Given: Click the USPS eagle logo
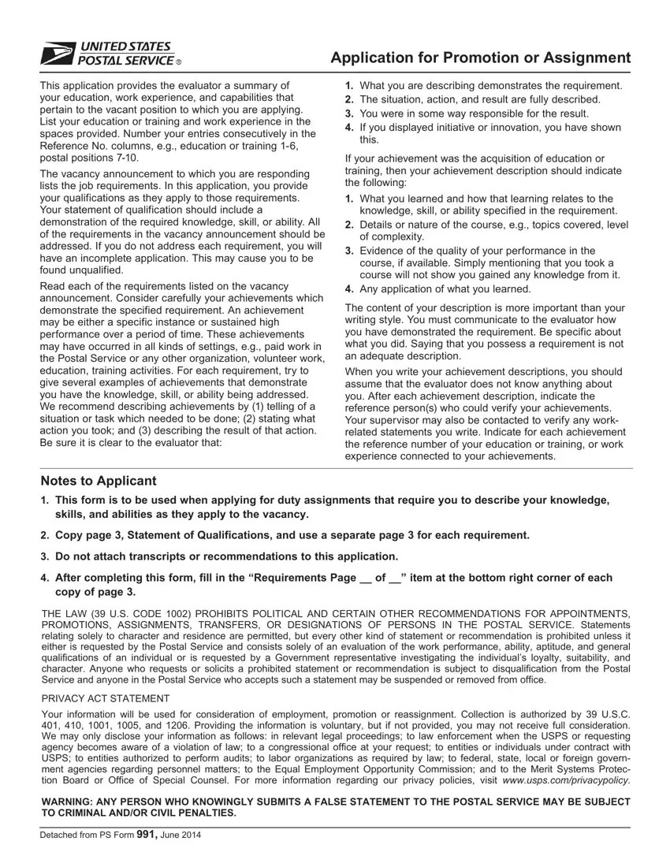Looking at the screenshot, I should coord(56,54).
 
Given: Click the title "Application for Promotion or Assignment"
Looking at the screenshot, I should coord(480,58).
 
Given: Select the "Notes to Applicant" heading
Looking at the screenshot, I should coord(99,481).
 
